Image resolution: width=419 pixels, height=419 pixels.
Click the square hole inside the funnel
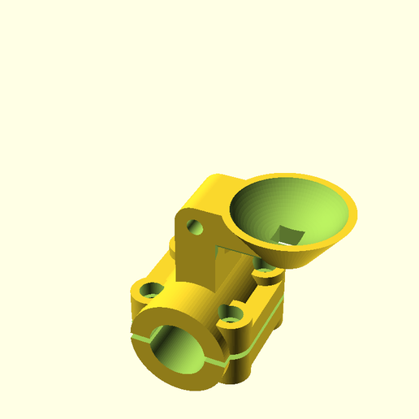[286, 235]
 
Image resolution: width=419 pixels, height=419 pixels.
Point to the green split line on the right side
[260, 328]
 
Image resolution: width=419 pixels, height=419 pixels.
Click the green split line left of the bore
[142, 335]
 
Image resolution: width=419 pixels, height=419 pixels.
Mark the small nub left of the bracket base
[172, 244]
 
